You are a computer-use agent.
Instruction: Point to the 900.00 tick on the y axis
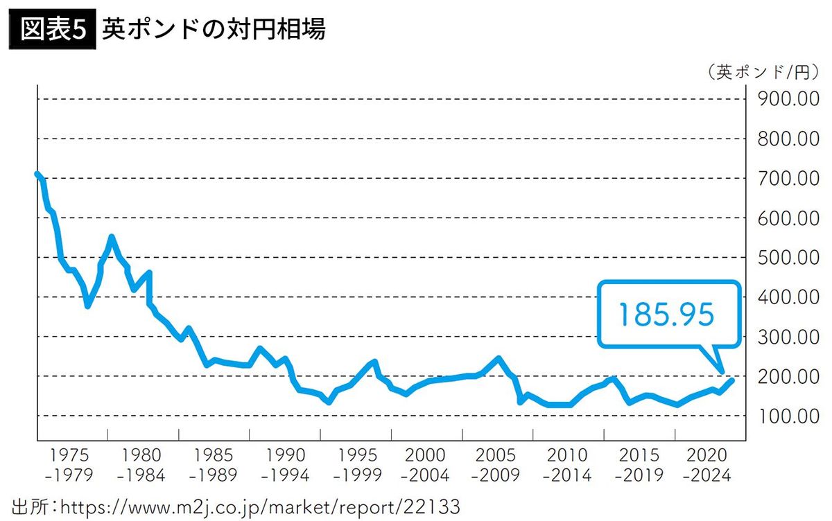click(789, 100)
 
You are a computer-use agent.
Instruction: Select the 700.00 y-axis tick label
click(789, 179)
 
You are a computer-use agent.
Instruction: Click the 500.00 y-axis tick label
click(789, 258)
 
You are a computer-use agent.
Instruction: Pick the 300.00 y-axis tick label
click(789, 337)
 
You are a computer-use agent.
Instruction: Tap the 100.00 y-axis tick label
click(789, 416)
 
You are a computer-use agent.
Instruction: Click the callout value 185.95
click(666, 315)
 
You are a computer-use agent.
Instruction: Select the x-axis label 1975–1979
click(73, 466)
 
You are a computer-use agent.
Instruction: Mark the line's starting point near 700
click(37, 174)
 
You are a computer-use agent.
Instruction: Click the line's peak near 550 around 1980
click(111, 238)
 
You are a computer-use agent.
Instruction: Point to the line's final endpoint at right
click(731, 380)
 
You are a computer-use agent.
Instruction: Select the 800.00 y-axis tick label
click(789, 139)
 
